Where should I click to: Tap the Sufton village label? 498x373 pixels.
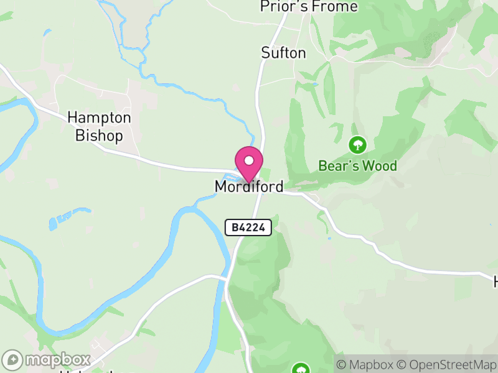point(283,53)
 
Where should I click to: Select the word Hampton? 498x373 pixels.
point(99,117)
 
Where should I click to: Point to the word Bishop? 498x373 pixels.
point(99,135)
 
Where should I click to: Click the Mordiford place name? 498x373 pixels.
point(248,186)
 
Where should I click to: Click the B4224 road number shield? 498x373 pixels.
point(248,228)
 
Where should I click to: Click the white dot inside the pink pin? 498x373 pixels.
point(249,160)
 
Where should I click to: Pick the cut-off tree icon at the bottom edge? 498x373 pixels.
point(301,369)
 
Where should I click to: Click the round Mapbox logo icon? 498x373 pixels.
point(12,360)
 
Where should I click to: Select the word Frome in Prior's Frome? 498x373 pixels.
point(337,7)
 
